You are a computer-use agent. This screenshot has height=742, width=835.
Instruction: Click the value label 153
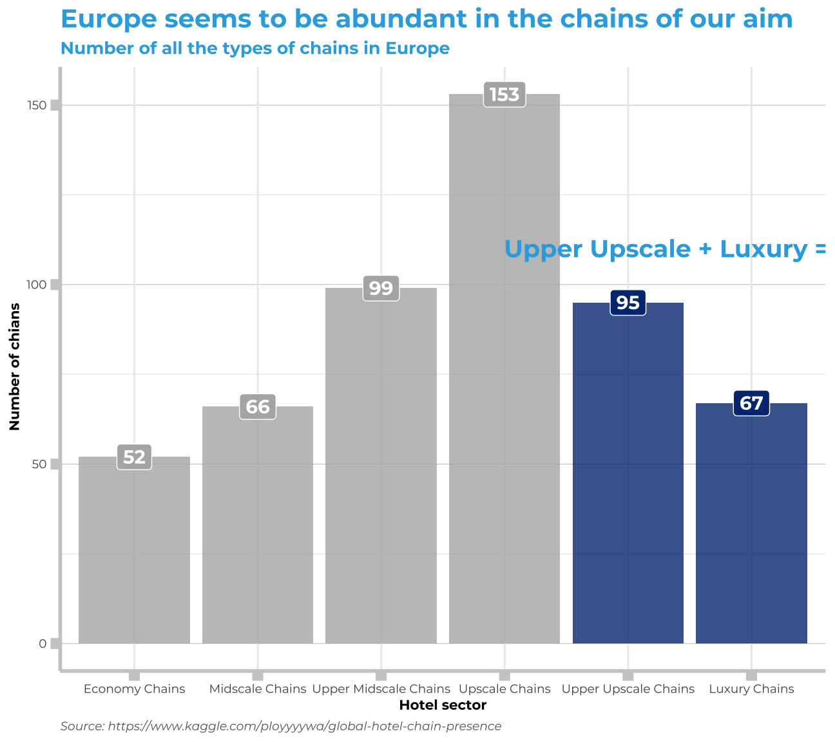(x=504, y=95)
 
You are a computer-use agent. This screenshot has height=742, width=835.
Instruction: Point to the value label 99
(x=381, y=288)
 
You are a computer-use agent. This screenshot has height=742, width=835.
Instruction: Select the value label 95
(x=628, y=303)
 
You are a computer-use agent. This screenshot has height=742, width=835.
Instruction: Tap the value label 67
(x=751, y=403)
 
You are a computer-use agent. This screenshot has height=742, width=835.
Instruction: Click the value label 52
(x=134, y=457)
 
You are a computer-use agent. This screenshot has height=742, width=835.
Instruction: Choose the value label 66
(x=258, y=407)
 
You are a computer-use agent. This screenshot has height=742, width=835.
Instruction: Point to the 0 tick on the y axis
(x=43, y=643)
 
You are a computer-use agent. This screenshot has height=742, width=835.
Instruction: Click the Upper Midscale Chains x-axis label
(x=381, y=689)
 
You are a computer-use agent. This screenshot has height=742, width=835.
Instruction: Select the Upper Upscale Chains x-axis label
(x=628, y=689)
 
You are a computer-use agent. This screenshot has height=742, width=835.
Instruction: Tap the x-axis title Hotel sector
(x=443, y=705)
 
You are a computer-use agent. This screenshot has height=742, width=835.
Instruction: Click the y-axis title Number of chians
(x=15, y=366)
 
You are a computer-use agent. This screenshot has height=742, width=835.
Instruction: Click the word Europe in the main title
(x=109, y=19)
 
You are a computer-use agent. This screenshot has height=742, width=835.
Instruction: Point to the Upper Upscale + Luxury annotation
(x=664, y=249)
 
